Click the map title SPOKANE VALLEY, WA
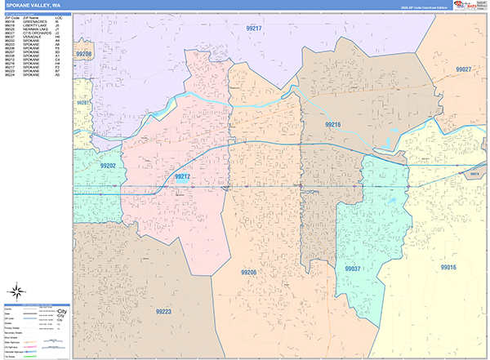tap(25, 4)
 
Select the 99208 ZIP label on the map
tap(83, 55)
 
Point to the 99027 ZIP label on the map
tap(462, 69)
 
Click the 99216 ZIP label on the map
tap(332, 124)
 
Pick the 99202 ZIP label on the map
tap(85, 166)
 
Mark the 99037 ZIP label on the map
tap(353, 268)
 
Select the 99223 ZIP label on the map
tap(163, 311)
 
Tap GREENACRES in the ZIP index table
tap(33, 20)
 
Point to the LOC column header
tap(58, 16)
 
